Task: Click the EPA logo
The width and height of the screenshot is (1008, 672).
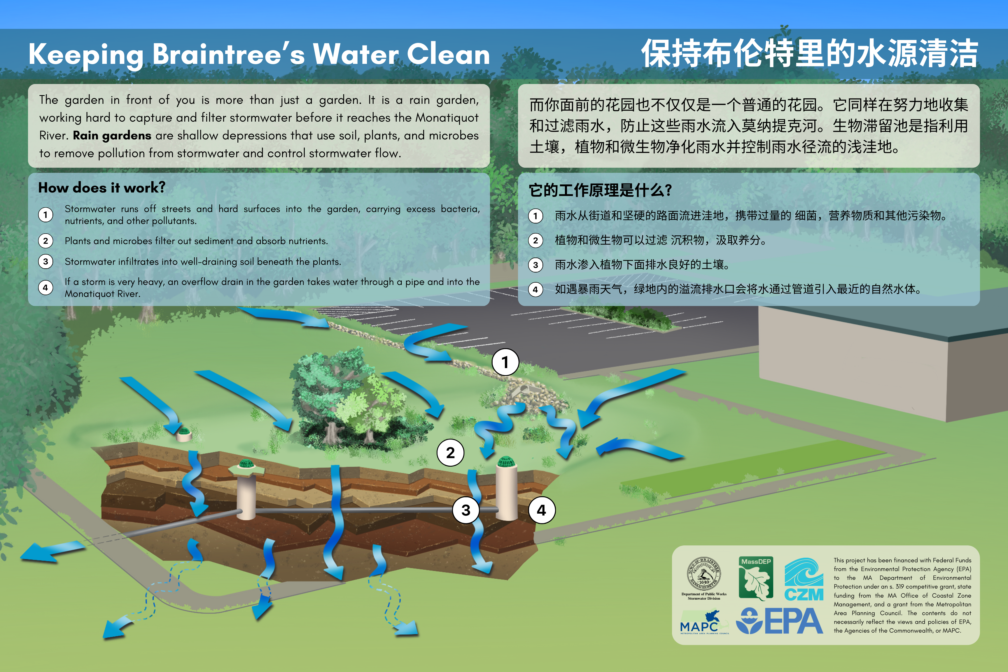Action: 779,621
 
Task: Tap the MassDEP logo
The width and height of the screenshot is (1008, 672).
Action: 756,578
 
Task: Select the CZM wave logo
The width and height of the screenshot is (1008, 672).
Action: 804,579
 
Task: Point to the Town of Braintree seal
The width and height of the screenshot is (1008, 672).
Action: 704,574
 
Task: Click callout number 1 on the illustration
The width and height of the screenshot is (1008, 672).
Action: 505,362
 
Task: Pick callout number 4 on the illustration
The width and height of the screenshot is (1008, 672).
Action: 542,510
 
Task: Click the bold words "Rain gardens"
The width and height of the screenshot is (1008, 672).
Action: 112,135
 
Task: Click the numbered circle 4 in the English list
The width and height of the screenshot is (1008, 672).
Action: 45,288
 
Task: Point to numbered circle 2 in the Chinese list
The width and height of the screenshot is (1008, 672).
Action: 535,240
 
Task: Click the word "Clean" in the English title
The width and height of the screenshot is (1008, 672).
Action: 448,55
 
